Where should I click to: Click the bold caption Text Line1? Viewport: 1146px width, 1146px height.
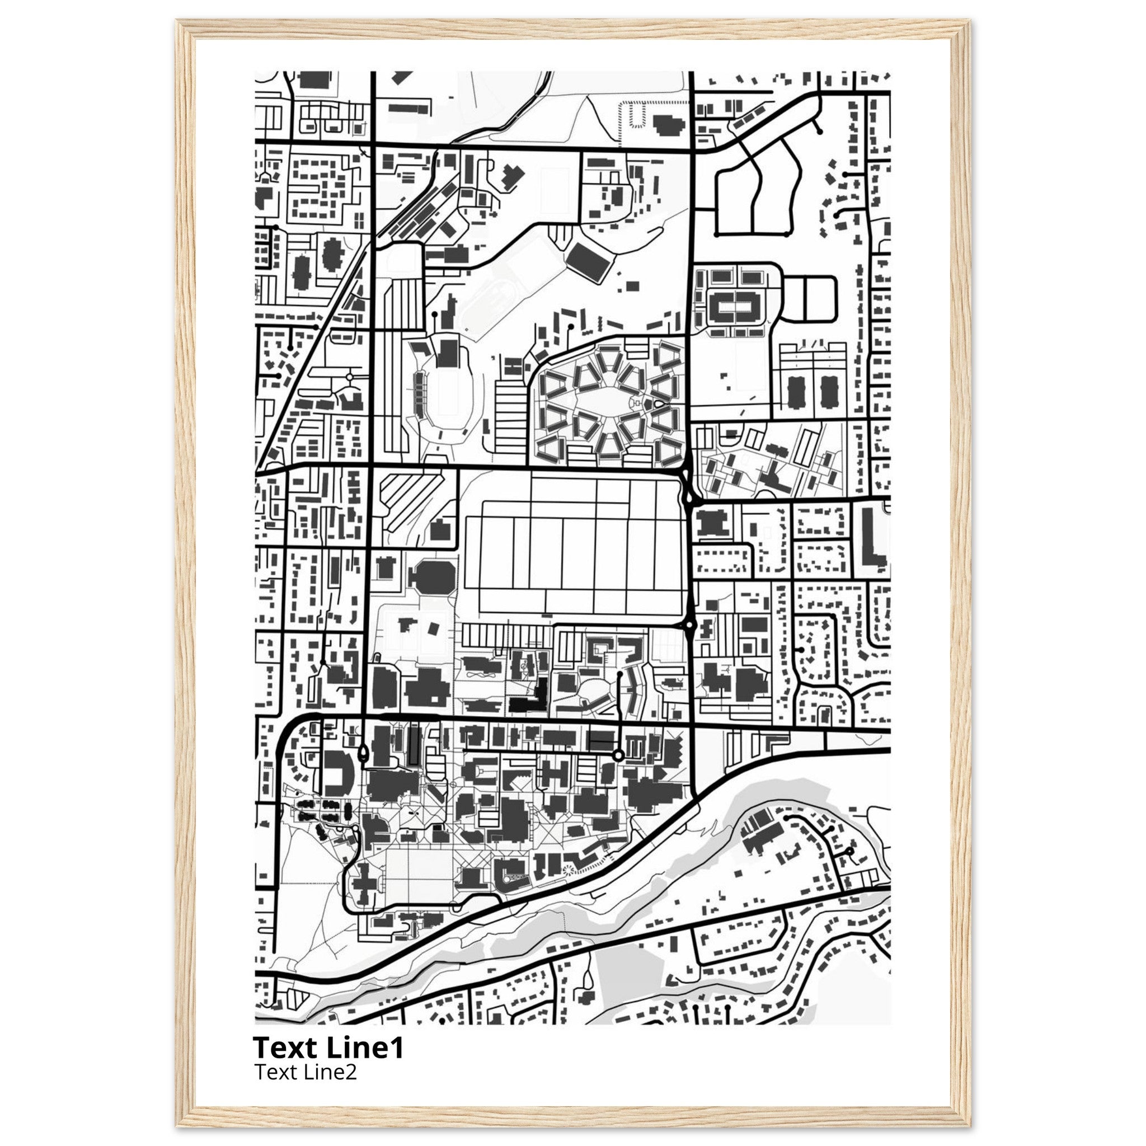tap(328, 1048)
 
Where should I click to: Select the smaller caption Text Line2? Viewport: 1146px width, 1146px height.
tap(306, 1072)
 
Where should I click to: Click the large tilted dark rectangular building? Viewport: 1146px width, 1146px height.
tap(589, 261)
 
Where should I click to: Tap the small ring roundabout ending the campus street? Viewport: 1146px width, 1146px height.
tap(618, 755)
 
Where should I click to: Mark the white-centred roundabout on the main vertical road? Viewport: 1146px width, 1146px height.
tap(689, 624)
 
